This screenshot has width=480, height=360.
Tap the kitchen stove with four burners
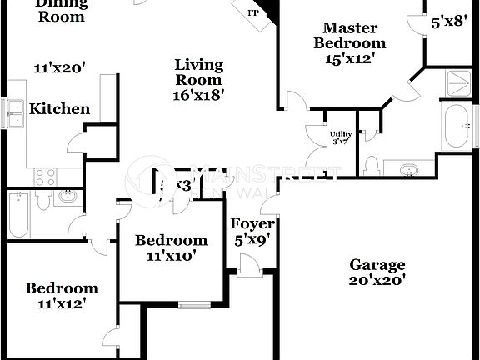44,177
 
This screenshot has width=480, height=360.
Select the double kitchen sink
16,112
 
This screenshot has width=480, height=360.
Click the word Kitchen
59,108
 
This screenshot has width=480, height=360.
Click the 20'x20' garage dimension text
377,281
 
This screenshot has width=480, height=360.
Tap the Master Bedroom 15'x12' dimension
354,59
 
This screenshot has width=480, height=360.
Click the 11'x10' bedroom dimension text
171,256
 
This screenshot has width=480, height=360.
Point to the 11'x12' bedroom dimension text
62,304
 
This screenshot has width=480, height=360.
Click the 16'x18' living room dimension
198,95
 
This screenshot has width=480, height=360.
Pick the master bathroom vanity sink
408,169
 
